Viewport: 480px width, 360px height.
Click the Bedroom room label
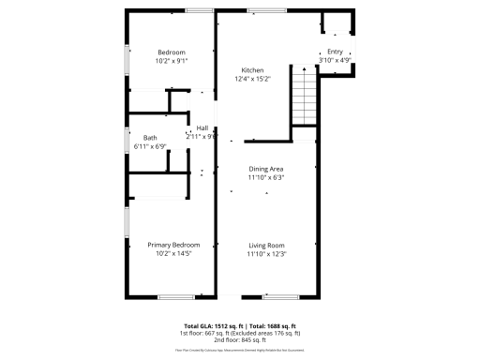[172, 52]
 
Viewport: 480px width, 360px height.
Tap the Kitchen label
[252, 70]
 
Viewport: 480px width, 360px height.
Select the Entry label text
[335, 52]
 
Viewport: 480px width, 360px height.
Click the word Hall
[202, 128]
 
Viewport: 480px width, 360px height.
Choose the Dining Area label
[265, 169]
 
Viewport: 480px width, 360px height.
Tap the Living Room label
[265, 245]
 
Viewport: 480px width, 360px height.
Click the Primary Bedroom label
[174, 245]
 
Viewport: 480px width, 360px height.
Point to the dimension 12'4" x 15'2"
[252, 80]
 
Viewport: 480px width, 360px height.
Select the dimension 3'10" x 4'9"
[335, 61]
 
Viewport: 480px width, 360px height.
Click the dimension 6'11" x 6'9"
[150, 146]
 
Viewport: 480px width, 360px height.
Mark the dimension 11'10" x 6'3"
[265, 177]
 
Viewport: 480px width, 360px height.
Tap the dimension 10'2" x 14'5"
[174, 253]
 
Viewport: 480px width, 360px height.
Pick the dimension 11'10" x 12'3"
[265, 253]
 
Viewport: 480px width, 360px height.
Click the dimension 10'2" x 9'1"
[172, 60]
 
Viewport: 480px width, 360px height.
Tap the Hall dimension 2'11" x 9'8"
[202, 137]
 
